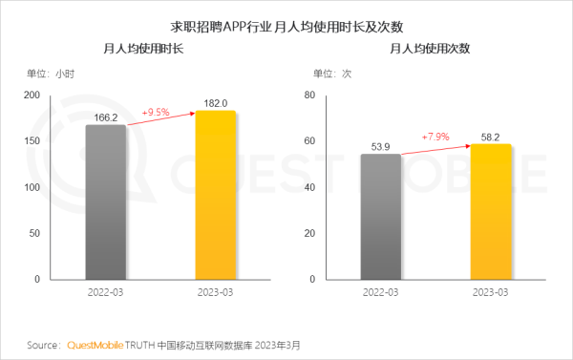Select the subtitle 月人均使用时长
coord(143,47)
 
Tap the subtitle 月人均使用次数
coord(430,47)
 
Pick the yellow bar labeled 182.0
coord(215,195)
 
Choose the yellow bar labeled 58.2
coord(491,212)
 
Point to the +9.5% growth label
coord(156,112)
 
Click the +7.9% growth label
coord(436,137)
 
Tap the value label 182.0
coord(215,102)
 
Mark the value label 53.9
coord(381,146)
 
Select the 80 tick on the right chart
coord(309,95)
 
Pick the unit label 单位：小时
coord(51,73)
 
